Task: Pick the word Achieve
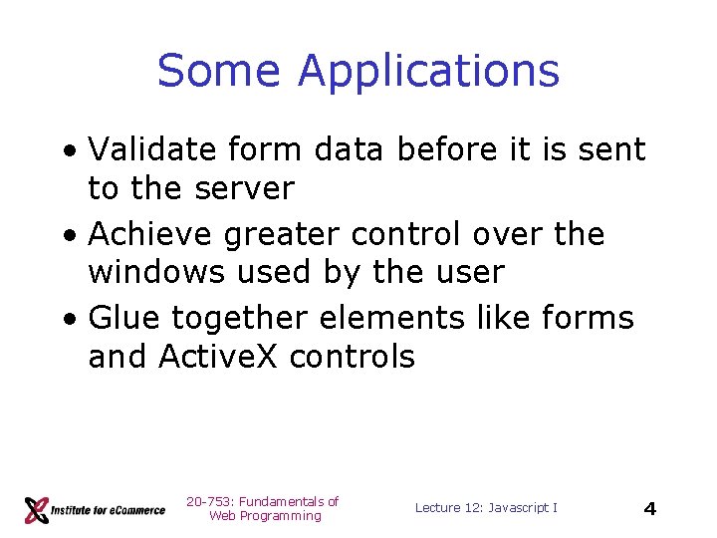coord(150,234)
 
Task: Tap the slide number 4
coord(649,509)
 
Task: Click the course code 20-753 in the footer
coord(207,501)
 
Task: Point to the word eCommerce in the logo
coord(133,510)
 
